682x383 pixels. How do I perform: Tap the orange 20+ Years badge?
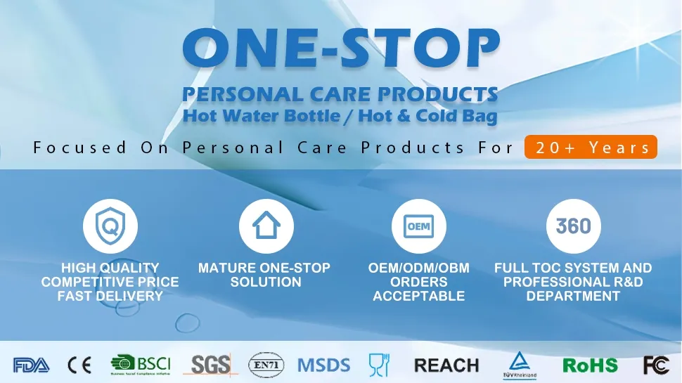click(591, 148)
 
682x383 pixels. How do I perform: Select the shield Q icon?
click(110, 226)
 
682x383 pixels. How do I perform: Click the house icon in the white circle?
click(266, 226)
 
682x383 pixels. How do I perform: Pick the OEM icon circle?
click(418, 226)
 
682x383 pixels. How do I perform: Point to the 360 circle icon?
click(574, 226)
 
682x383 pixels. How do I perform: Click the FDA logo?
click(31, 365)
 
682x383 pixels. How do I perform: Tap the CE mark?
click(79, 365)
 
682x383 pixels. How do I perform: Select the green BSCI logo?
click(141, 365)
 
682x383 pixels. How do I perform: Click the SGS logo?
click(211, 365)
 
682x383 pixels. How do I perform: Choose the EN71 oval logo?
click(266, 365)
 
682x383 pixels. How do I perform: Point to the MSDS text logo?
click(323, 365)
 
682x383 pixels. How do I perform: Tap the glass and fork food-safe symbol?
click(379, 364)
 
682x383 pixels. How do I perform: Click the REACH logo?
click(446, 365)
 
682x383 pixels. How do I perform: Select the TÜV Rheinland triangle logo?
click(520, 364)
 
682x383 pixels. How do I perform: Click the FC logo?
click(655, 365)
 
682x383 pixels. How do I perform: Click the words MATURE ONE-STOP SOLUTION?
click(264, 275)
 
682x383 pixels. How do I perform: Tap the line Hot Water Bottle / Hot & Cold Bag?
click(340, 116)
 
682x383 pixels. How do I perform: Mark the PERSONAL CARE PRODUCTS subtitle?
click(340, 94)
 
